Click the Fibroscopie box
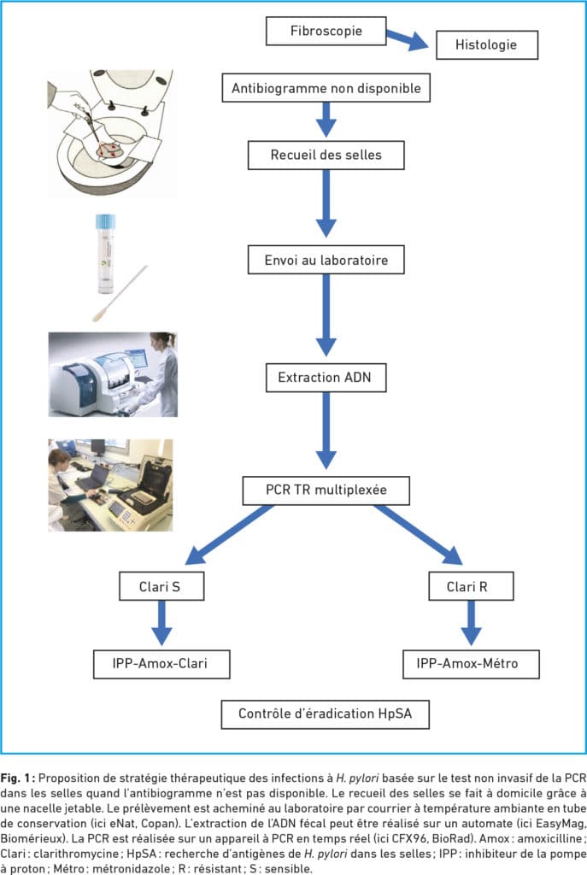click(326, 32)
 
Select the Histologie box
click(486, 45)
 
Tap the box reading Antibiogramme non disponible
click(326, 88)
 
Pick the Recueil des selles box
click(326, 155)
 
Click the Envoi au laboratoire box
click(326, 260)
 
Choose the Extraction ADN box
click(326, 377)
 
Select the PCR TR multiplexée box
click(326, 490)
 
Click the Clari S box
click(161, 586)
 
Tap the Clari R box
click(471, 586)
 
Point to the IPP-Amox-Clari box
click(161, 664)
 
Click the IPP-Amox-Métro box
click(471, 664)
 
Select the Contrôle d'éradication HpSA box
click(326, 714)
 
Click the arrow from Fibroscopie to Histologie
click(408, 39)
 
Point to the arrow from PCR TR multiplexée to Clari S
click(229, 535)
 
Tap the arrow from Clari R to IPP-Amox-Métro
click(471, 623)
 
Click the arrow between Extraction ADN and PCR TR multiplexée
click(326, 431)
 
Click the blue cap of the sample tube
click(105, 221)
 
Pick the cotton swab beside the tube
click(120, 294)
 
